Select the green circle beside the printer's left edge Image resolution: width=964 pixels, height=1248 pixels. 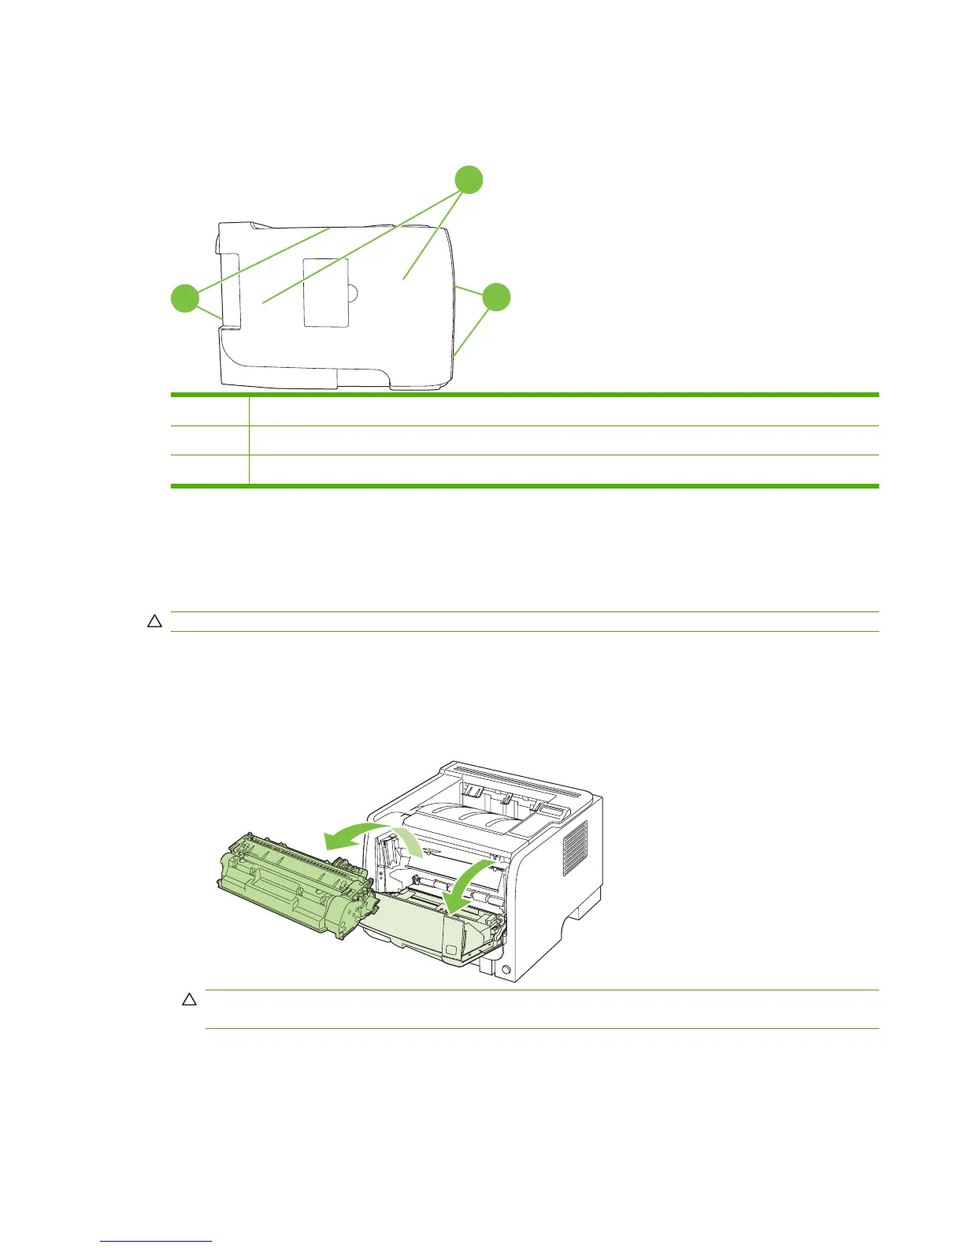click(185, 299)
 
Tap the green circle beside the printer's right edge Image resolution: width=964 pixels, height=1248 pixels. click(495, 297)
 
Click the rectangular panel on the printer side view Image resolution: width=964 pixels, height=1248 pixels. click(326, 292)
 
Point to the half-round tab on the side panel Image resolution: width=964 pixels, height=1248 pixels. click(353, 293)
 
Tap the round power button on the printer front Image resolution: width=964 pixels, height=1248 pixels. click(506, 970)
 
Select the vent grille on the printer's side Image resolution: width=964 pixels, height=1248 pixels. click(574, 848)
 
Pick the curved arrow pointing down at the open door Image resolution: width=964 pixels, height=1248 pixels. click(469, 882)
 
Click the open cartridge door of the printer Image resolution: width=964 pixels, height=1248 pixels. click(417, 934)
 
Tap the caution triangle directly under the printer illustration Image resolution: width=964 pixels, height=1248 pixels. click(189, 999)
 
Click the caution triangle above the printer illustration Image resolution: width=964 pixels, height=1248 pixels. click(154, 622)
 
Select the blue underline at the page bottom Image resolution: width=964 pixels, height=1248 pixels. click(157, 1242)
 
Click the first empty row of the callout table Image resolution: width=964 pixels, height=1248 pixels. click(524, 410)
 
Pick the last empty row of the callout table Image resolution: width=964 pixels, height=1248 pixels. click(524, 470)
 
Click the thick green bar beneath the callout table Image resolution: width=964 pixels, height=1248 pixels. click(524, 486)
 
